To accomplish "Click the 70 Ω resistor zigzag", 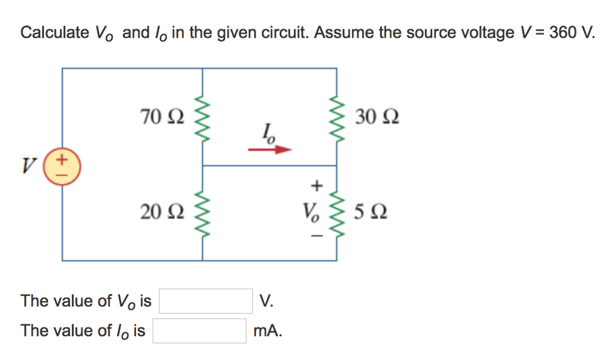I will [x=203, y=116].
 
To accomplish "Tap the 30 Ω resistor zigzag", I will [x=336, y=116].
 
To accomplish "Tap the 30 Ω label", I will [x=377, y=115].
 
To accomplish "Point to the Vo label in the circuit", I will [x=311, y=212].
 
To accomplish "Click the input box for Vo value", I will [x=206, y=301].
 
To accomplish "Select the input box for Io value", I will [x=199, y=331].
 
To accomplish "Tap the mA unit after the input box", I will [x=267, y=331].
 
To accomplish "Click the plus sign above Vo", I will [x=317, y=187].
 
